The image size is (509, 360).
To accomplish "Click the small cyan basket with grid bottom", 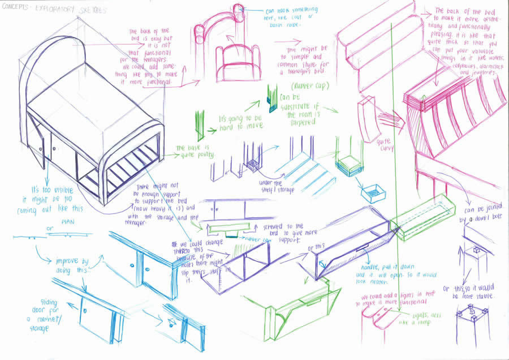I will (374, 194).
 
